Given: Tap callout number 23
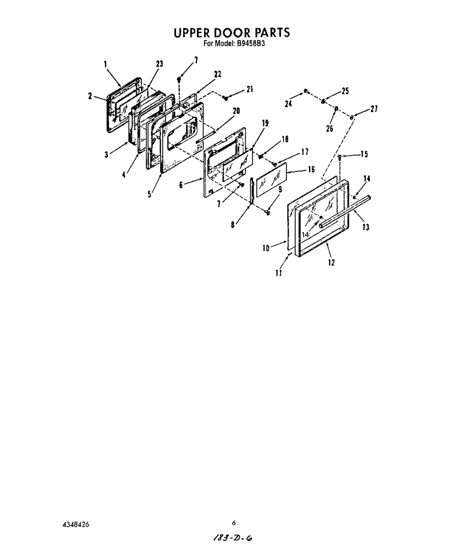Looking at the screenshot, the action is pyautogui.click(x=159, y=64).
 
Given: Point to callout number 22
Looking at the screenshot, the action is pyautogui.click(x=218, y=74).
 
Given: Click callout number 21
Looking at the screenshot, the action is pyautogui.click(x=250, y=89).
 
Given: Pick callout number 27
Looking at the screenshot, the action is pyautogui.click(x=374, y=109).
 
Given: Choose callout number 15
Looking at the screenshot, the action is pyautogui.click(x=364, y=154).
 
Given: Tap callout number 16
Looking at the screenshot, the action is pyautogui.click(x=311, y=170).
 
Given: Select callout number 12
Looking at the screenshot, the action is pyautogui.click(x=331, y=262).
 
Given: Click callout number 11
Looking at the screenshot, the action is pyautogui.click(x=279, y=273).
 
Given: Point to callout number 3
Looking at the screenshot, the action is pyautogui.click(x=106, y=155).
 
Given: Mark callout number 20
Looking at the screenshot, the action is pyautogui.click(x=236, y=111).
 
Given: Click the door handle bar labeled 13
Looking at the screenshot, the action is pyautogui.click(x=345, y=212).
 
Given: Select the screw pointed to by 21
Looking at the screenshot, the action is pyautogui.click(x=226, y=98).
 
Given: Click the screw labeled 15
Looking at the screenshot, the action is pyautogui.click(x=340, y=157).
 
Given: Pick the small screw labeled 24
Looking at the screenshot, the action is pyautogui.click(x=306, y=91).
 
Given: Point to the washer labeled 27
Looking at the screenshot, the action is pyautogui.click(x=352, y=116).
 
